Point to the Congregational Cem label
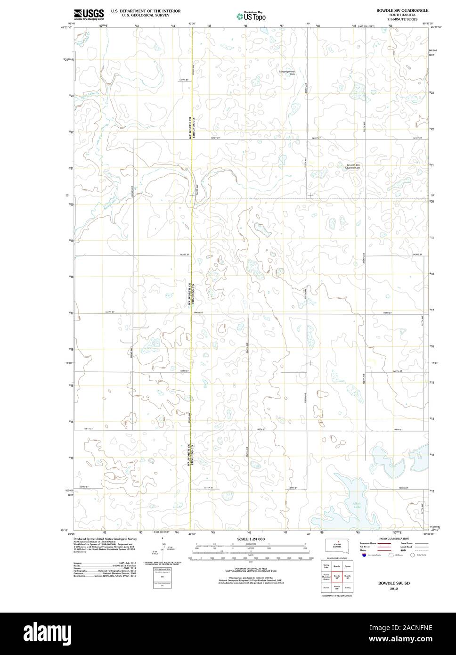[x=287, y=73]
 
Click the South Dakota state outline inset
[x=337, y=545]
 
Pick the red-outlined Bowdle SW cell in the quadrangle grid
[x=337, y=576]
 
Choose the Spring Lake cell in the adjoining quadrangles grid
[x=326, y=565]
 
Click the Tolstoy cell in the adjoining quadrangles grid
[x=348, y=587]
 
